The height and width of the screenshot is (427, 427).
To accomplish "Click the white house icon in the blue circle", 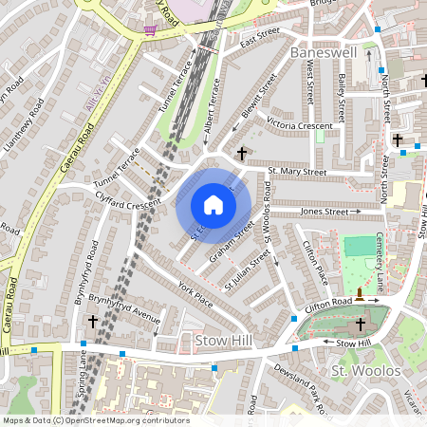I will [213, 204].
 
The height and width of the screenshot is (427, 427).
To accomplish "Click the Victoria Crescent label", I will [300, 124].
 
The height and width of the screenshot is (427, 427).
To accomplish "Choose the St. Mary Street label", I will [297, 172].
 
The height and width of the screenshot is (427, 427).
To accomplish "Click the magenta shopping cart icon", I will [149, 29].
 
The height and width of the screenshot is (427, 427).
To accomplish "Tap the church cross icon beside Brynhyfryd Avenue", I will [93, 322].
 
